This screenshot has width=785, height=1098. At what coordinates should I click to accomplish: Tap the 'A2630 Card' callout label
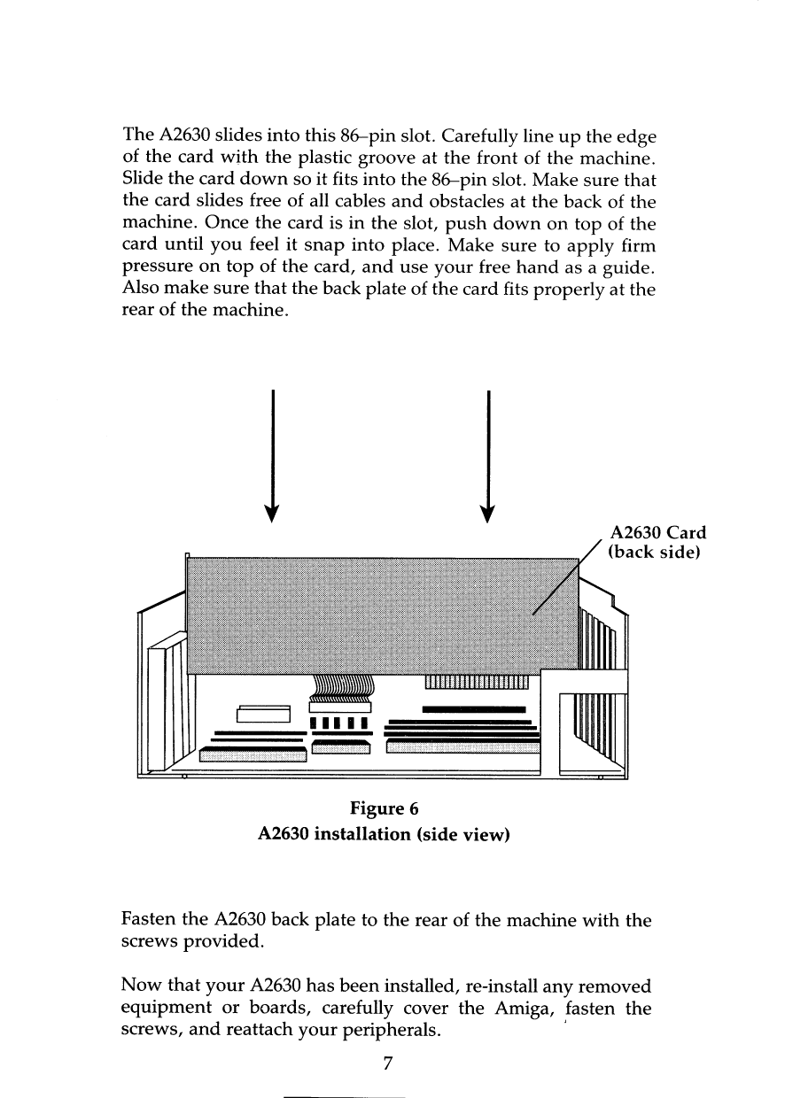pos(658,533)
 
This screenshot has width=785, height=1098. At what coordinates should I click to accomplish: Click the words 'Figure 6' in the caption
pos(384,808)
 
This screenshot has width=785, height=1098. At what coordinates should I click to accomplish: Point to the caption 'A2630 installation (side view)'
pos(384,833)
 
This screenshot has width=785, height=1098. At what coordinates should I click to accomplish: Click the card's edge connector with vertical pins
pos(477,681)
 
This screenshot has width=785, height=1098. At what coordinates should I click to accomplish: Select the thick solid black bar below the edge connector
pos(475,709)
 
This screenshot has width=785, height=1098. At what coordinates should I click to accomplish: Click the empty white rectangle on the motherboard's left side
pos(264,715)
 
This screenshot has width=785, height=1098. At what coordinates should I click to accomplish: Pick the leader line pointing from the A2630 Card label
pos(568,575)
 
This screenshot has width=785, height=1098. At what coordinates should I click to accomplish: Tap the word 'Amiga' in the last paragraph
pos(517,1009)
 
